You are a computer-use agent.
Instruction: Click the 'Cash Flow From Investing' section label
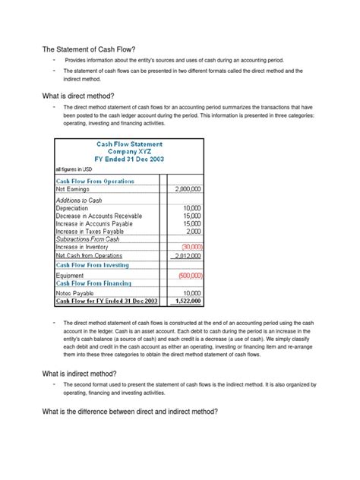point(92,266)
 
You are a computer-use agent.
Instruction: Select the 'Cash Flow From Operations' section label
point(95,181)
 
